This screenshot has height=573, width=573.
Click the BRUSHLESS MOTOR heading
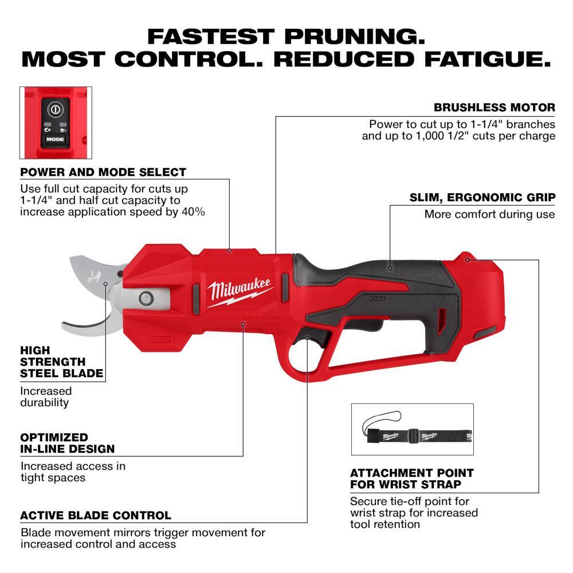click(x=494, y=107)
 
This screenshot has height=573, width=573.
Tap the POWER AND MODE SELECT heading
click(x=103, y=172)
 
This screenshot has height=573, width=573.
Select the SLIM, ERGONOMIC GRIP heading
click(x=482, y=198)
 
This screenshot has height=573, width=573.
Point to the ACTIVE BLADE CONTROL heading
click(x=95, y=516)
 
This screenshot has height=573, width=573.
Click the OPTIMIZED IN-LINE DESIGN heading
click(x=68, y=443)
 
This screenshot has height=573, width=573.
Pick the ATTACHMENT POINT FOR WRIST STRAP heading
click(x=411, y=479)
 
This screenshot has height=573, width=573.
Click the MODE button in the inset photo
click(x=56, y=139)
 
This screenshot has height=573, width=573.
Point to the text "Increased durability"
click(x=46, y=397)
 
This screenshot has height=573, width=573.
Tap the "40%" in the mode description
click(x=194, y=211)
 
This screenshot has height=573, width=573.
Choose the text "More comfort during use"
click(x=489, y=214)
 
